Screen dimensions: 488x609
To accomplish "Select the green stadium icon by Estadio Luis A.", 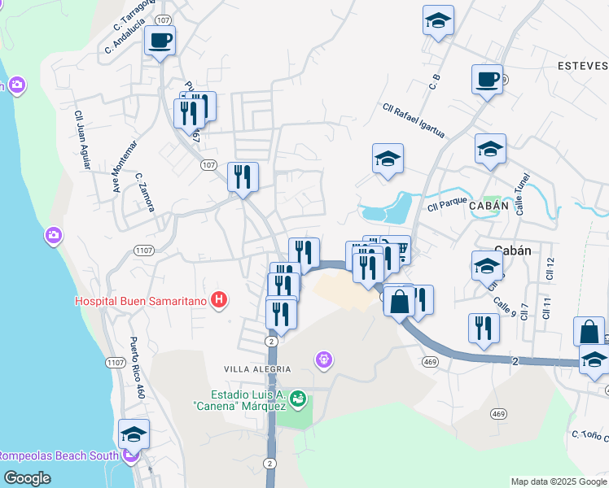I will pyautogui.click(x=298, y=399).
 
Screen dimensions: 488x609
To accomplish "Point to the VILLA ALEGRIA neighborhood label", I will pyautogui.click(x=257, y=369).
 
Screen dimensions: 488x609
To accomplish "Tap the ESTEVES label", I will pyautogui.click(x=583, y=65).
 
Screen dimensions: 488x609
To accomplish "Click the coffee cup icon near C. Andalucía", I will pyautogui.click(x=160, y=40).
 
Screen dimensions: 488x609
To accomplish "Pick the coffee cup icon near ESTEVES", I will pyautogui.click(x=488, y=80).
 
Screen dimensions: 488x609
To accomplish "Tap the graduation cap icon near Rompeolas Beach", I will pyautogui.click(x=134, y=434).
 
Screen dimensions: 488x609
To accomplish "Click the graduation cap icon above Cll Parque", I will pyautogui.click(x=388, y=159).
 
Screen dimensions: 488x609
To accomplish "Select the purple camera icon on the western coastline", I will pyautogui.click(x=54, y=235).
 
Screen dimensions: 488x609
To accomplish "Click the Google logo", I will pyautogui.click(x=27, y=478).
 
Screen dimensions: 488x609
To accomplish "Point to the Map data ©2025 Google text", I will pyautogui.click(x=558, y=481).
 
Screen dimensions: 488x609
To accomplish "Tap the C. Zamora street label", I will pyautogui.click(x=145, y=192).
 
